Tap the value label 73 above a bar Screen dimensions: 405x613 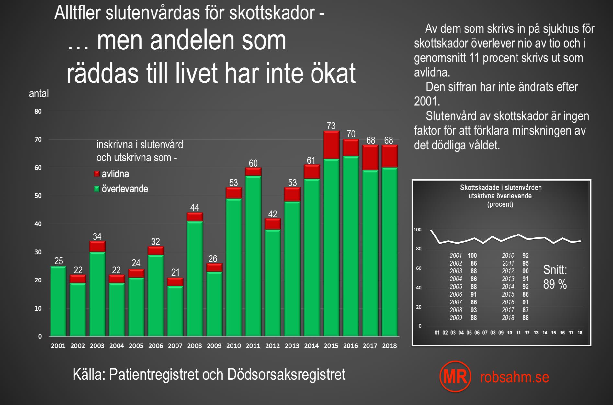point(331,126)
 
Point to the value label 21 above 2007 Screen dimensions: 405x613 point(175,272)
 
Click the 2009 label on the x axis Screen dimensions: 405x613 point(214,346)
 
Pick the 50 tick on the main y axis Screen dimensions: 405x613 point(38,196)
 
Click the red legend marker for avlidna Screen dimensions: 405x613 point(96,174)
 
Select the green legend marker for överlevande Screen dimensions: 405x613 point(96,189)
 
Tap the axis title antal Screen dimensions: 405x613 point(39,93)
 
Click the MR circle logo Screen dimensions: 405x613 point(455,377)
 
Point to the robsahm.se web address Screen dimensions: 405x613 point(515,377)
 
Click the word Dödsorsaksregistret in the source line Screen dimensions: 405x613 point(286,375)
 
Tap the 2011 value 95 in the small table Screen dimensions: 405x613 point(526,263)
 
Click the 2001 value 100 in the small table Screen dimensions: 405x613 point(472,256)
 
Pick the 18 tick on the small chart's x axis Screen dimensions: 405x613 point(580,333)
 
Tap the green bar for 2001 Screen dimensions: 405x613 point(58,301)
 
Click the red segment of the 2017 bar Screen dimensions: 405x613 point(370,158)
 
